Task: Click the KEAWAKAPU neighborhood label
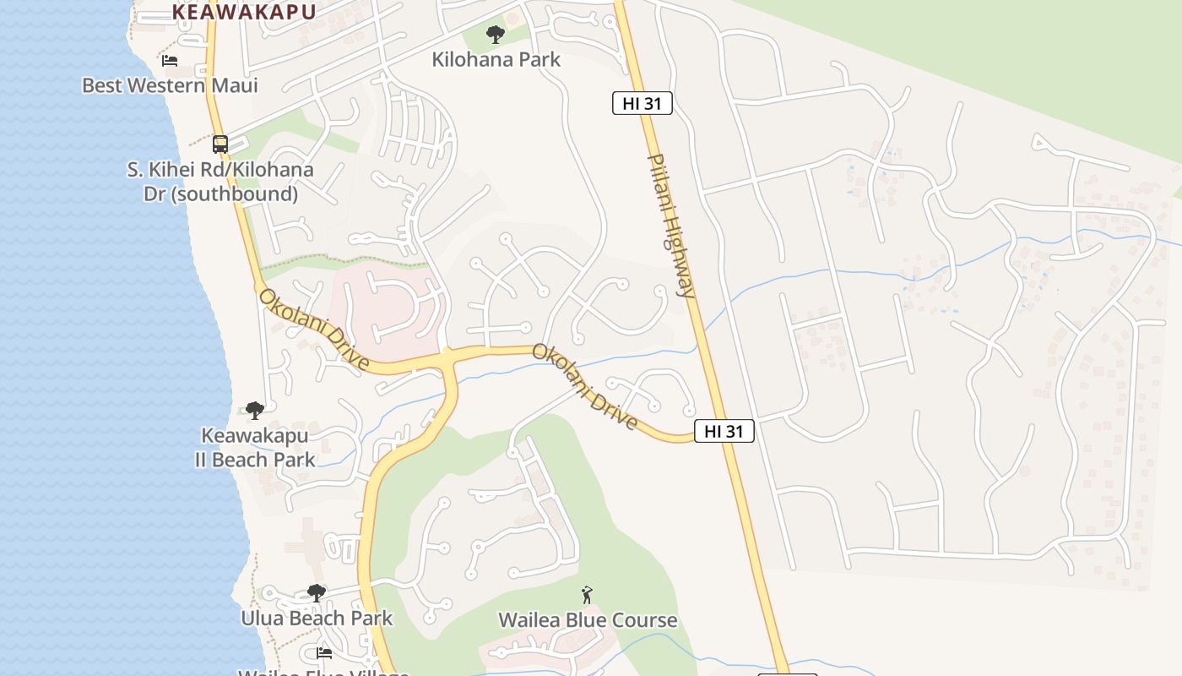coord(244,12)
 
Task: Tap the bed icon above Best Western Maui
coord(170,61)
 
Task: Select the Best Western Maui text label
coord(170,85)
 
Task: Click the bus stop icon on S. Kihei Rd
coord(220,144)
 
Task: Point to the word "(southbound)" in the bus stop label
coord(220,194)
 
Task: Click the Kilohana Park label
coord(496,60)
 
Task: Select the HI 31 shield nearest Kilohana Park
coord(642,104)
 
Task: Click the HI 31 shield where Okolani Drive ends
coord(724,431)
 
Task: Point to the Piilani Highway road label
coord(671,226)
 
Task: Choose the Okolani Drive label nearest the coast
coord(314,330)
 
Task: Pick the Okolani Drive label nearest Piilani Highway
coord(584,386)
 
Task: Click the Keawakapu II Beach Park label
coord(254,448)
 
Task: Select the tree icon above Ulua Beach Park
coord(317,593)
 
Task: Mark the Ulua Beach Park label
coord(317,618)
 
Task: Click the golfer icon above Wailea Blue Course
coord(588,595)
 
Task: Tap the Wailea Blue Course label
coord(588,620)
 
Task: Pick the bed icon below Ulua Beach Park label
coord(323,652)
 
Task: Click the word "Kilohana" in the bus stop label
coord(273,170)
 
